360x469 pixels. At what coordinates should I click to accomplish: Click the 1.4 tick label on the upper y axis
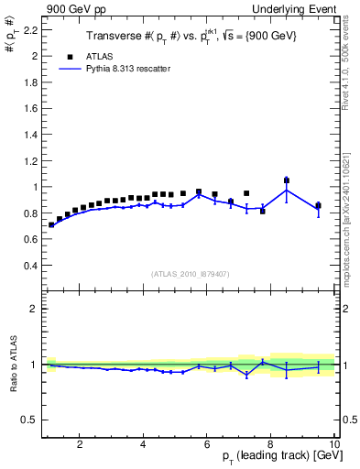[x=30, y=135]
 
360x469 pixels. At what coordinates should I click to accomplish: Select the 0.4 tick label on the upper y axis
[x=30, y=266]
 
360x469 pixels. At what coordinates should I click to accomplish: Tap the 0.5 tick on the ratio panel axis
[x=30, y=420]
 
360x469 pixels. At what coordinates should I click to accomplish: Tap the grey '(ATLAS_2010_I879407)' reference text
[x=189, y=273]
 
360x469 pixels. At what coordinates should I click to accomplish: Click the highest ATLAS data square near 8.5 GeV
[x=287, y=180]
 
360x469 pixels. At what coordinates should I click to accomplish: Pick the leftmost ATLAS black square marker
[x=51, y=224]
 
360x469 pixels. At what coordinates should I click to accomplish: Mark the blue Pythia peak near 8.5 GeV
[x=287, y=190]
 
